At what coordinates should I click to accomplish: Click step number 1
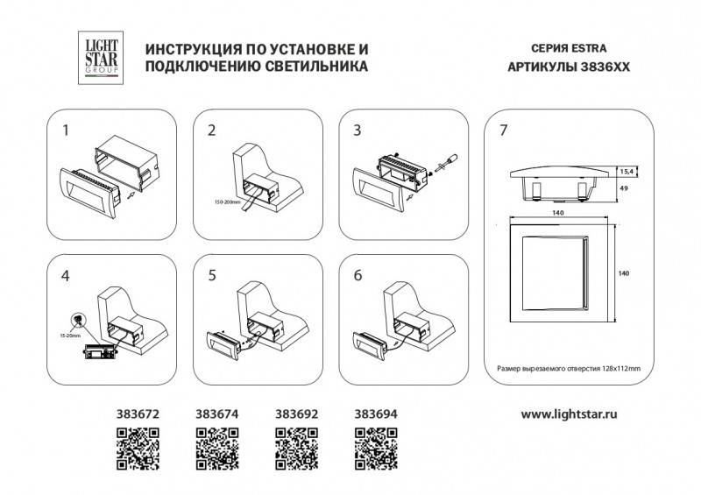(65, 131)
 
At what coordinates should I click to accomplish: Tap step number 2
(211, 131)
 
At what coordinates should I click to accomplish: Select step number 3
(358, 131)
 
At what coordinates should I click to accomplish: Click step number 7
(502, 131)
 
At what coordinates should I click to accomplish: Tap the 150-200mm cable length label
(220, 202)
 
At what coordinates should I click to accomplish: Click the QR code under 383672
(138, 447)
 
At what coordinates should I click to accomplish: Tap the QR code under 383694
(377, 447)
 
